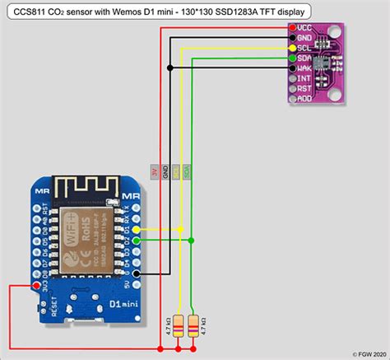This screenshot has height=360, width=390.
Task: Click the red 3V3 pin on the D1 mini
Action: (x=36, y=285)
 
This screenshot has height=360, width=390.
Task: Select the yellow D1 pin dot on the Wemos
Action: (x=135, y=230)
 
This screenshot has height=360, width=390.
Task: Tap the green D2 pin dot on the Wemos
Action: (x=135, y=241)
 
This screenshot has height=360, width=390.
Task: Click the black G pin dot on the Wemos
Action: (x=135, y=273)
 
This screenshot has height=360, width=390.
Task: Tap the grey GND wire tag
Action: (x=165, y=171)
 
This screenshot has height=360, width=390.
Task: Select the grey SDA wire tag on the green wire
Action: (x=187, y=171)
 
